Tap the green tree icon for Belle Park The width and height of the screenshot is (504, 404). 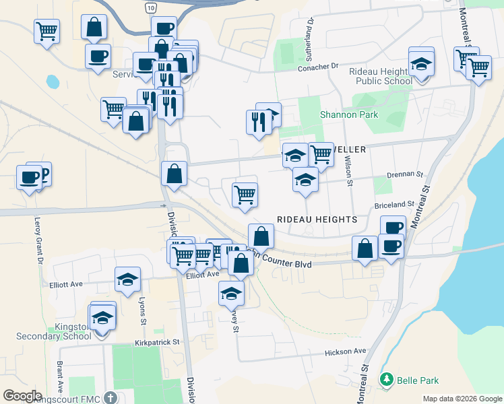(x=387, y=380)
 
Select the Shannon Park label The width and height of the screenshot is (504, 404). (x=349, y=114)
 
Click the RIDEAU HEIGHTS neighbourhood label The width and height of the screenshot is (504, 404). (x=317, y=220)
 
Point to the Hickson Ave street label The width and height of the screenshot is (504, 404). (x=345, y=351)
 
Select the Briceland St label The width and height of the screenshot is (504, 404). (x=394, y=204)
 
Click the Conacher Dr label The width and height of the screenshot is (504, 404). (x=317, y=67)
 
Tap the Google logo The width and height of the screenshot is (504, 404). (x=22, y=396)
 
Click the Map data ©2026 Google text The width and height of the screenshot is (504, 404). (x=462, y=399)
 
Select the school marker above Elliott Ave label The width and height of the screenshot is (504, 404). (x=127, y=280)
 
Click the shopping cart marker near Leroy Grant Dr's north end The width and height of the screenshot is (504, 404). (x=46, y=30)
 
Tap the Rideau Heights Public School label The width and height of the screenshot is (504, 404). (x=381, y=76)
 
